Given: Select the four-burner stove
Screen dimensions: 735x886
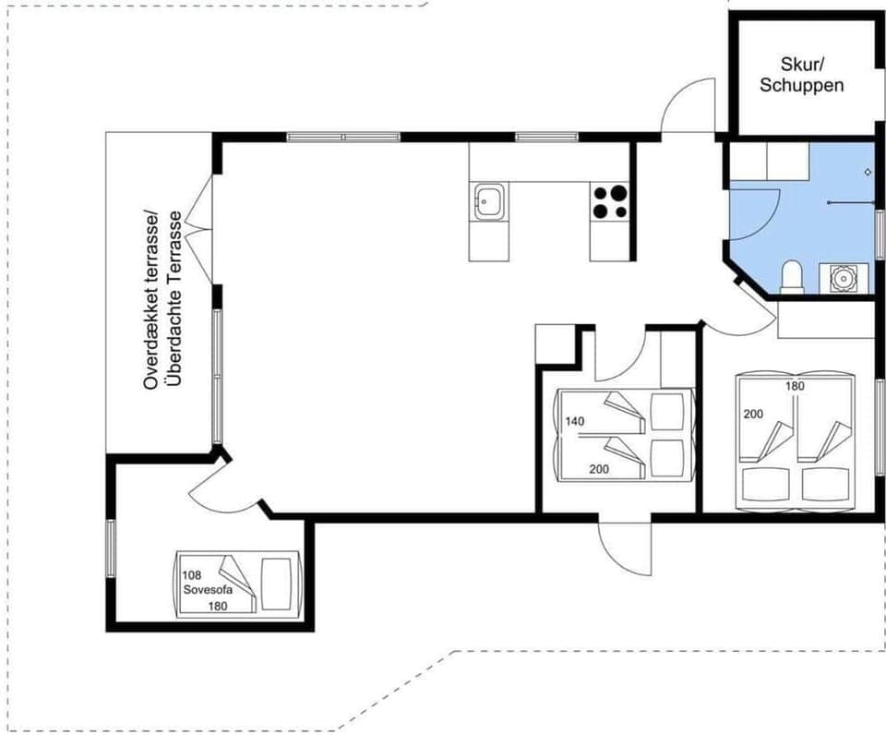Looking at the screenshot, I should [609, 202].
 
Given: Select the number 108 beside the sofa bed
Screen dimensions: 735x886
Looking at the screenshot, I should [192, 573].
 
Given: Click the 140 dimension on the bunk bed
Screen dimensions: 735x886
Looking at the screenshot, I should [575, 421].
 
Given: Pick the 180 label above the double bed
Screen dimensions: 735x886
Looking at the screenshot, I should [796, 386].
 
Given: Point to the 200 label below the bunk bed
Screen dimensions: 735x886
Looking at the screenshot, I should [599, 469].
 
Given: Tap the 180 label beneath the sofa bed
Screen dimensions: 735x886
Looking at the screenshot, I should [217, 605].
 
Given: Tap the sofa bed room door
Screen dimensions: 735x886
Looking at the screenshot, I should [231, 485].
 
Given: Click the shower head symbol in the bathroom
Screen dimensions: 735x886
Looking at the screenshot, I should [868, 172].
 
